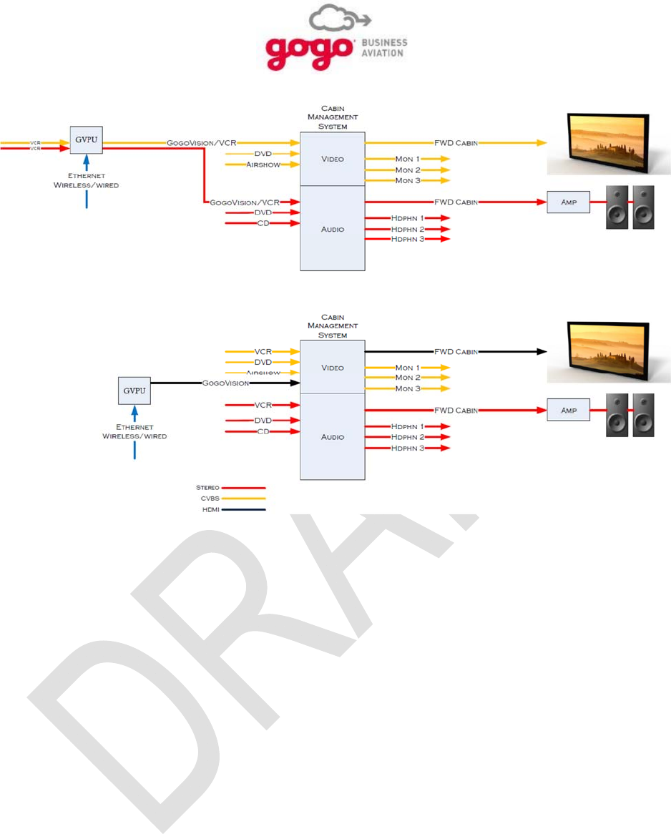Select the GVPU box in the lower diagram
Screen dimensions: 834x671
pos(134,391)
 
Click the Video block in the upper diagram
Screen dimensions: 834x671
pos(332,159)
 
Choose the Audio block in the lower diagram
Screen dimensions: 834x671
pos(332,437)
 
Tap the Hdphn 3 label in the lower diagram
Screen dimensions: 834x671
pos(407,448)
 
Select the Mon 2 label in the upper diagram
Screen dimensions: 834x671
pos(408,170)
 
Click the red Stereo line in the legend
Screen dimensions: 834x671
pos(243,488)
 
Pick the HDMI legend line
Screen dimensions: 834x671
pos(243,510)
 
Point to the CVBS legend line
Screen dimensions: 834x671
pos(243,499)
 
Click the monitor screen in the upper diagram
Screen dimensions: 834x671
pos(607,143)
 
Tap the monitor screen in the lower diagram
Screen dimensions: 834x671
pos(607,351)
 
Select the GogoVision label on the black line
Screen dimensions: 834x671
pos(225,383)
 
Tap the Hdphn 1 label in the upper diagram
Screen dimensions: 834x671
pos(407,218)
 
